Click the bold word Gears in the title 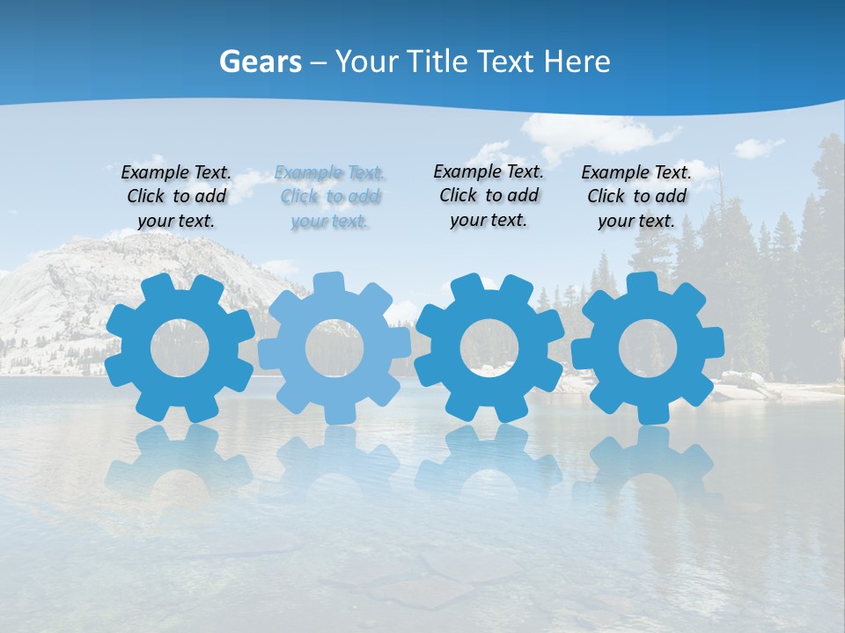(260, 62)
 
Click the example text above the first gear (176, 196)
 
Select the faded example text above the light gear (330, 196)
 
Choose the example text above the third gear (489, 195)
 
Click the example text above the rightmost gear (636, 196)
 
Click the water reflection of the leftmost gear (179, 462)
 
